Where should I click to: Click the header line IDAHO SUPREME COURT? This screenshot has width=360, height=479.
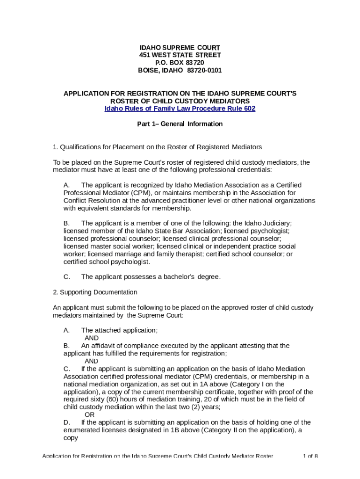(x=180, y=48)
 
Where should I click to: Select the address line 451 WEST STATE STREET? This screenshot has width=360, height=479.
(x=180, y=55)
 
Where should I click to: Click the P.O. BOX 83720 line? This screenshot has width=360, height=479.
(x=180, y=63)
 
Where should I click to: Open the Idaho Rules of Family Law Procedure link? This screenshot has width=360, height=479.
(x=180, y=109)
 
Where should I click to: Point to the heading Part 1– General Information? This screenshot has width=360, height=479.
(x=180, y=124)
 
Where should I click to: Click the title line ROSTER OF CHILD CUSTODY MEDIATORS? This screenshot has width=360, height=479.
(x=180, y=101)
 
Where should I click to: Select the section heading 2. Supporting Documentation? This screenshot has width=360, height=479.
(x=95, y=292)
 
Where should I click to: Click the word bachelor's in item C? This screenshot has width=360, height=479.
(x=180, y=277)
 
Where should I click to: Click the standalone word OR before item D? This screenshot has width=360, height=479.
(x=89, y=414)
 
